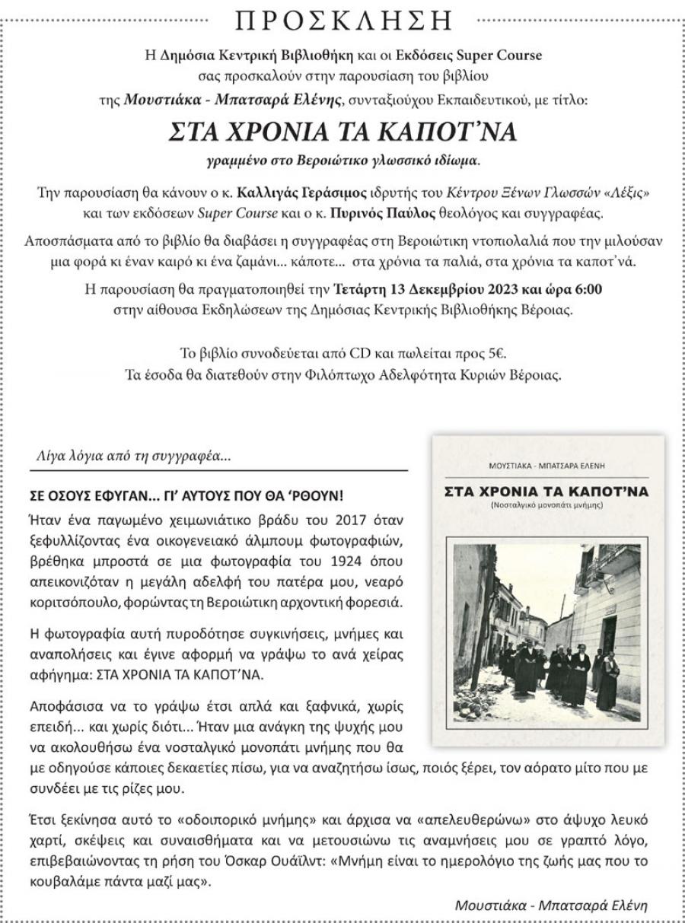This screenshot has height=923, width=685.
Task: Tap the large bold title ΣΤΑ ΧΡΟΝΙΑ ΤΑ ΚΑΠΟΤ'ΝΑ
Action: coord(343,132)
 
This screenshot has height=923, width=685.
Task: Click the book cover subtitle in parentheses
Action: coord(547,505)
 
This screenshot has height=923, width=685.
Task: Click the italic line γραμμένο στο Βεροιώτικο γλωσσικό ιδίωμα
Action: coord(343,161)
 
